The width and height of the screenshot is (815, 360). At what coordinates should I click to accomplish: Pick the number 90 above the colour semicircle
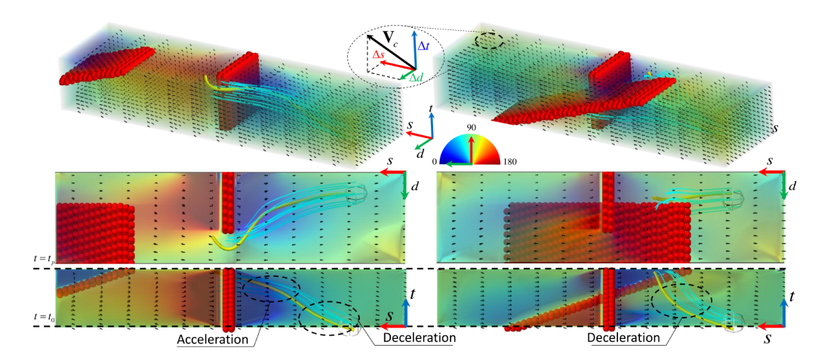click(470, 129)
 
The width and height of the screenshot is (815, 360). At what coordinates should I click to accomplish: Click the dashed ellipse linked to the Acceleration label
click(269, 288)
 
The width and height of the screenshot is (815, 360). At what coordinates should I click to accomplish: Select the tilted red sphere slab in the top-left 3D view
click(106, 65)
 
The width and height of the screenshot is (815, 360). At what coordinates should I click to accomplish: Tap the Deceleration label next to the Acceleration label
click(417, 337)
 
